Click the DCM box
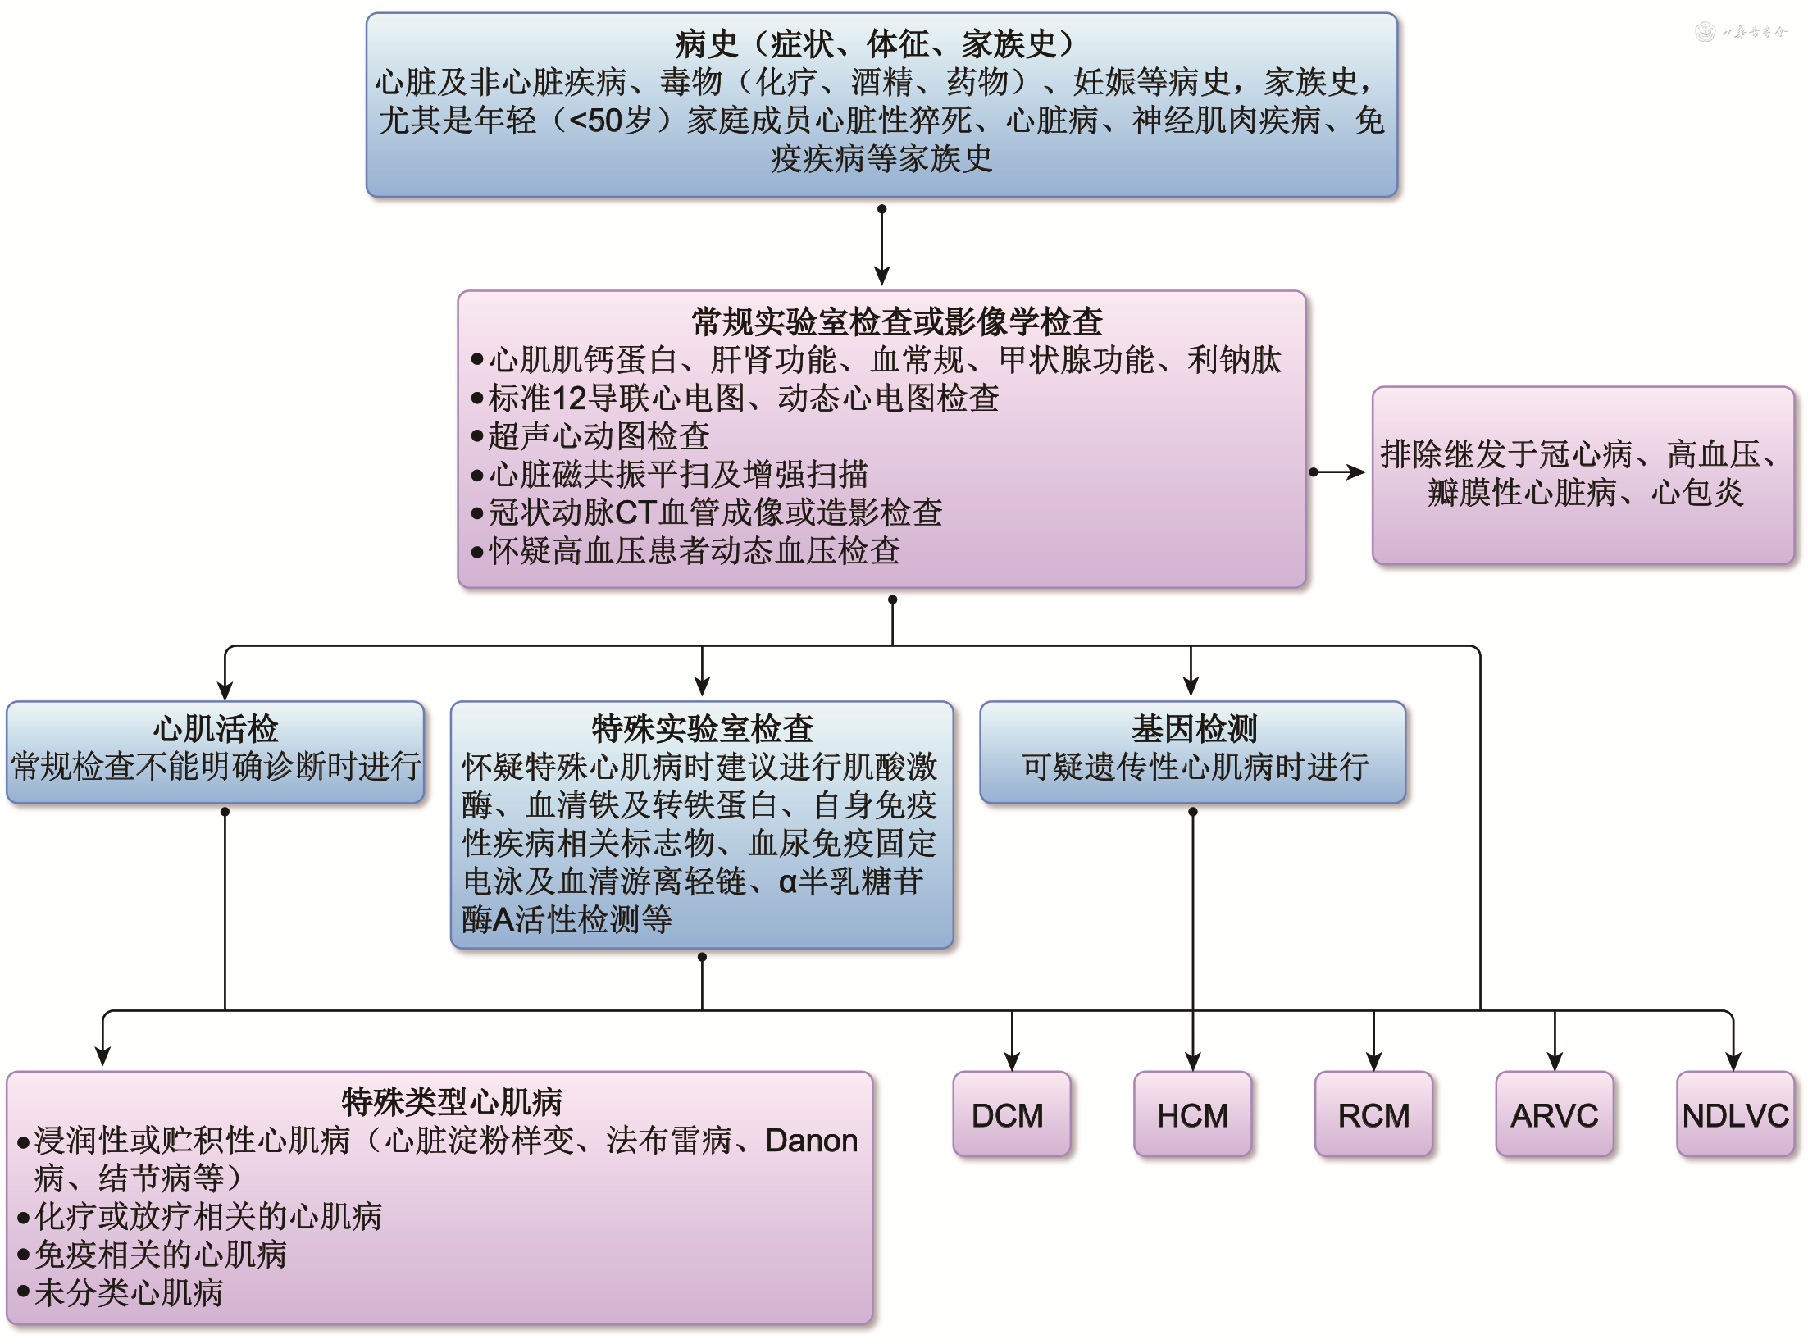(1011, 1114)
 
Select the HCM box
(1192, 1114)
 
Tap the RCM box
(1373, 1114)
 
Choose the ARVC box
(1554, 1114)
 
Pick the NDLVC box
(1735, 1114)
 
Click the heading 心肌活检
(216, 728)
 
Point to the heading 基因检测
(1194, 728)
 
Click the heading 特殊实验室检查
(702, 728)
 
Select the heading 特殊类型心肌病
(452, 1101)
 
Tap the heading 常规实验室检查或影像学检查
(897, 321)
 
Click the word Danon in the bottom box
(811, 1141)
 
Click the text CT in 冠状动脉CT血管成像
(635, 513)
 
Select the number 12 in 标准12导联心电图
(570, 399)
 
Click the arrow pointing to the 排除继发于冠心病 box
(1341, 472)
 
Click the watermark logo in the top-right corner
(1706, 32)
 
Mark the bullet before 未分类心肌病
(24, 1292)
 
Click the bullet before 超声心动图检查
(477, 436)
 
